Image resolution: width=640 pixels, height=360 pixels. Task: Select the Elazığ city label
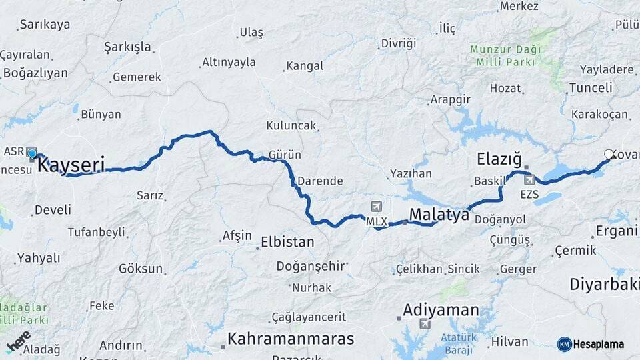point(499,159)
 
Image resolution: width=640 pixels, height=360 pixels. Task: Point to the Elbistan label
point(287,242)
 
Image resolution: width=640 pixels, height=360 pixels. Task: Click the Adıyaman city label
point(441,310)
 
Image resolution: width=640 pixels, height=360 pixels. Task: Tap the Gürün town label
point(285,155)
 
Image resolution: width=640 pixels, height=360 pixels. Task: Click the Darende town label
point(320,181)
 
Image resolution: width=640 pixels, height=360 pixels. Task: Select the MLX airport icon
point(377,207)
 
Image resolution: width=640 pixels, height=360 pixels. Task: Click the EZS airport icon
point(529,179)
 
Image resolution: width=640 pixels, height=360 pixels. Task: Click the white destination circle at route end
point(608,155)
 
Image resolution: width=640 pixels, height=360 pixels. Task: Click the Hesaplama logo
point(591,344)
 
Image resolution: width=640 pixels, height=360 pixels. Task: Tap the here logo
point(18,341)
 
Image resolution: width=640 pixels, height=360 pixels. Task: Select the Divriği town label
point(398,43)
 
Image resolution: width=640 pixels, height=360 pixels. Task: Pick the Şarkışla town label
point(128,47)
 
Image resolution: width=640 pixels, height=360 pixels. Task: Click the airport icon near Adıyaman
point(425,324)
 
